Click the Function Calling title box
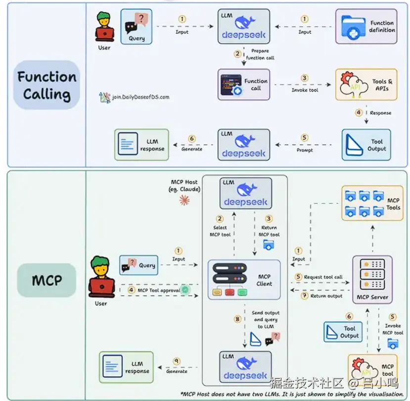(46, 85)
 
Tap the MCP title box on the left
(46, 280)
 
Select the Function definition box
(366, 26)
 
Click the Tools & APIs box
(366, 85)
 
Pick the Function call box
(244, 85)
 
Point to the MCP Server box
(372, 280)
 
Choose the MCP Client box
(244, 280)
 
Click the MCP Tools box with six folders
(372, 203)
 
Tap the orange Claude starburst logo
(184, 200)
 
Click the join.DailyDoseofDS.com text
(140, 97)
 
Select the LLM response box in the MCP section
(126, 367)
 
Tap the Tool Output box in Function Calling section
(366, 145)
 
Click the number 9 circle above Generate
(177, 361)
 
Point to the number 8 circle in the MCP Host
(237, 319)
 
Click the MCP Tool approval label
(159, 290)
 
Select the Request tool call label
(323, 277)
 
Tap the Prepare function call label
(260, 54)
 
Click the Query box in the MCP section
(138, 265)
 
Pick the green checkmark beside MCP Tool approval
(185, 290)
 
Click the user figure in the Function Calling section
(104, 27)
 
